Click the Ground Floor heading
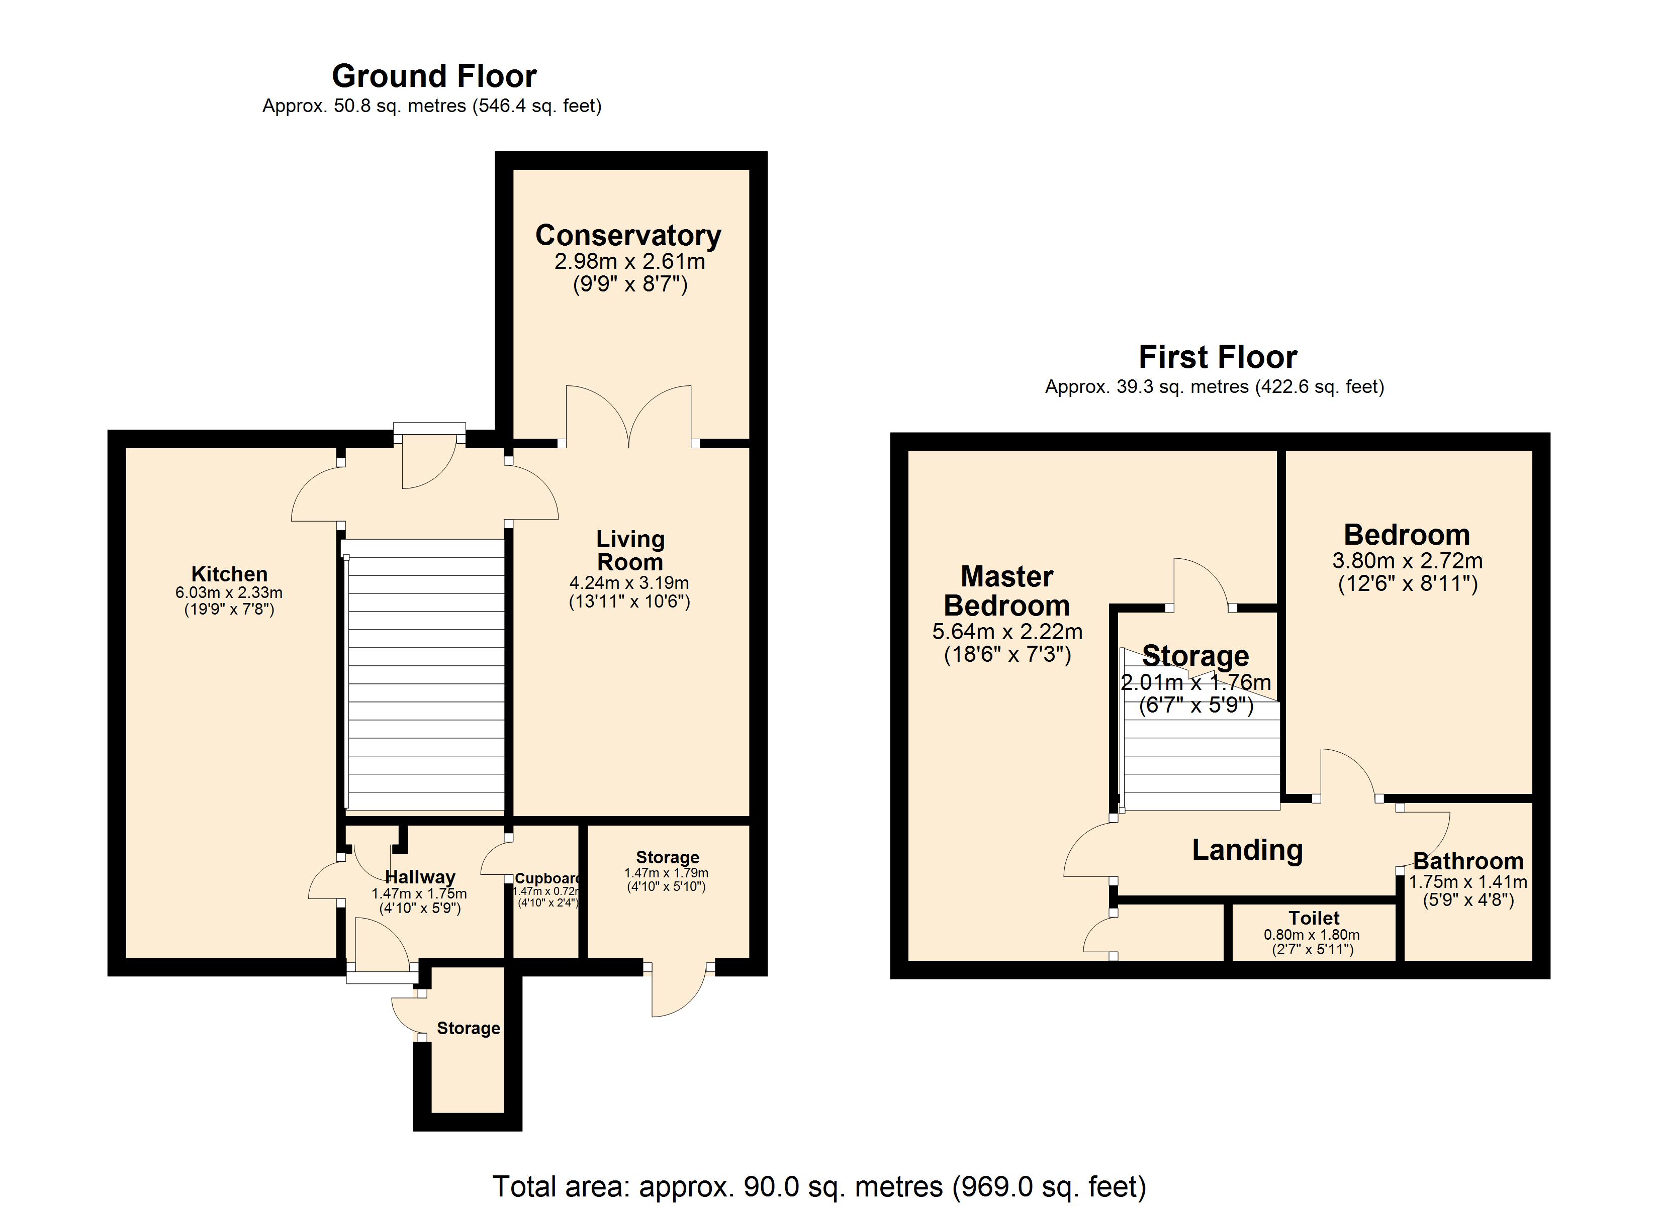pos(434,76)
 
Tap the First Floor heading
pos(1218,357)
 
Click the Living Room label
pos(630,551)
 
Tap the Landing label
pos(1247,850)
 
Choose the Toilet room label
pos(1314,918)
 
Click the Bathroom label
pos(1468,861)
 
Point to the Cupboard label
pos(547,878)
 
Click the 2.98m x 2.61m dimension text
pos(630,261)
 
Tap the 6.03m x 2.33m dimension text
pos(229,592)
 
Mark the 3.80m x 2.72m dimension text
pos(1407,561)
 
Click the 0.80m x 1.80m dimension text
pos(1312,935)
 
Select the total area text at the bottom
pos(819,1186)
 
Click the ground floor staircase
pos(425,675)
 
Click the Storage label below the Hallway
pos(468,1028)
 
